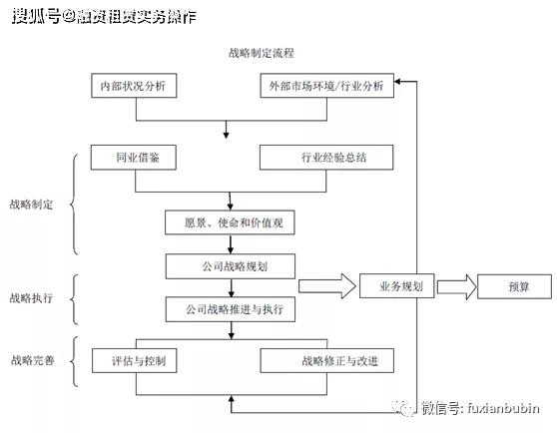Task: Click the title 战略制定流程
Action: tap(262, 51)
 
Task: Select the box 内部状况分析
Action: tap(133, 87)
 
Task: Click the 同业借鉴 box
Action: tap(133, 159)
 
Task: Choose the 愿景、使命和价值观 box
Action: tap(231, 223)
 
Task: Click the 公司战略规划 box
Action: tap(231, 267)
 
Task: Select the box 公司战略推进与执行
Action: tap(231, 310)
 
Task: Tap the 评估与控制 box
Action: tap(133, 359)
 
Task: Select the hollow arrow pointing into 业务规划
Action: tap(326, 287)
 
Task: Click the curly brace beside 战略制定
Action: tap(75, 204)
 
